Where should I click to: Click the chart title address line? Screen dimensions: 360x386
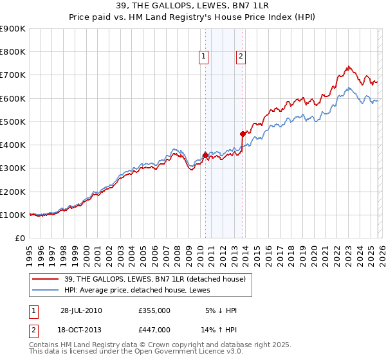coord(193,6)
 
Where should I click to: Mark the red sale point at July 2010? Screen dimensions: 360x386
coord(205,155)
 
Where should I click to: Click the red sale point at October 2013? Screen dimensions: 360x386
coord(243,134)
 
